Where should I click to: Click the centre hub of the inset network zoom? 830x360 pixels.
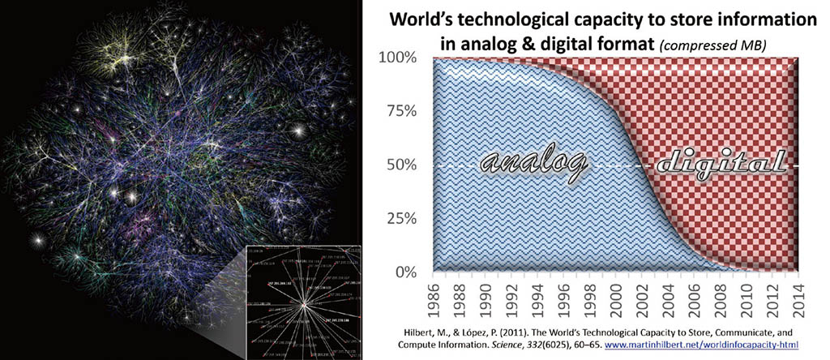coord(302,304)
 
